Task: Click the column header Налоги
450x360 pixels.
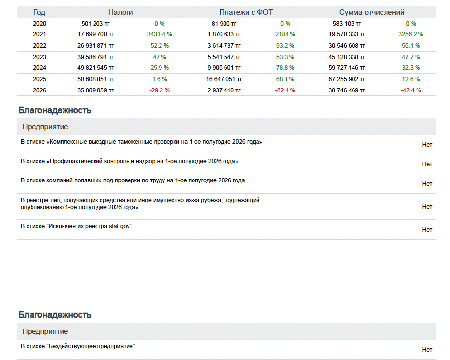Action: click(x=121, y=12)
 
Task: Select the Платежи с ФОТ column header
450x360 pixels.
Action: click(x=246, y=12)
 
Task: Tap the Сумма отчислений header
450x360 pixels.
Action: click(x=372, y=12)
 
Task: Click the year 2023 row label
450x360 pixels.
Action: click(x=39, y=57)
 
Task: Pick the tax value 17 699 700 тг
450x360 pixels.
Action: click(x=96, y=34)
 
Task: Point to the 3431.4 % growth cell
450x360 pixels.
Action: click(x=160, y=34)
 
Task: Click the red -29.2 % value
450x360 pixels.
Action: click(x=160, y=90)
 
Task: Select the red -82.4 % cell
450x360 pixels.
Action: click(x=285, y=90)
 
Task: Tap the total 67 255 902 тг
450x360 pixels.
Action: click(x=347, y=79)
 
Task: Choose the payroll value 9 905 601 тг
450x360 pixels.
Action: click(x=224, y=68)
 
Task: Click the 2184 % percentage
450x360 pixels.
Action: click(x=285, y=34)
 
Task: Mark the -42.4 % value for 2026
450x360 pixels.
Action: click(x=411, y=90)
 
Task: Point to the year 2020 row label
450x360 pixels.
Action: click(x=39, y=24)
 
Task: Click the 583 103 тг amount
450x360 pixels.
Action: click(x=347, y=24)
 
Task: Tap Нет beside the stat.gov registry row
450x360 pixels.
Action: click(x=427, y=230)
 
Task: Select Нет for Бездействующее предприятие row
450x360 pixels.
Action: click(x=427, y=350)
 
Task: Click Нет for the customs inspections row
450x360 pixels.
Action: click(x=427, y=145)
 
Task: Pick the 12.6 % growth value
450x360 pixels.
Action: click(x=411, y=79)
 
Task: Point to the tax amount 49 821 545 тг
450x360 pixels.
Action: click(x=96, y=68)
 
